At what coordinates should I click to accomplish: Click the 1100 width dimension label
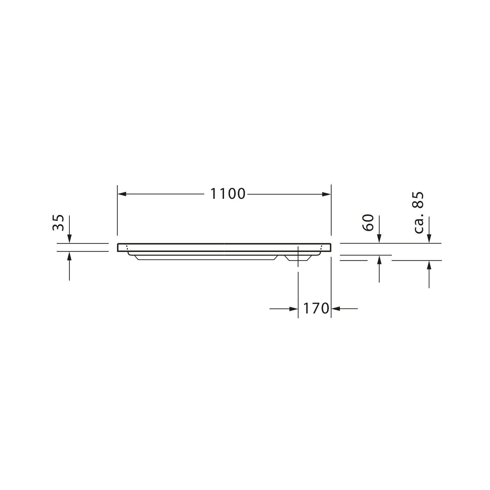[x=227, y=194]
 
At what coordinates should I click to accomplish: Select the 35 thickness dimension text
[x=58, y=223]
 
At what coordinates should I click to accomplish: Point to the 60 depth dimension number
[x=368, y=223]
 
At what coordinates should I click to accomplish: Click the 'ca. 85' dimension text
[x=418, y=213]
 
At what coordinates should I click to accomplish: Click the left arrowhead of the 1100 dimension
[x=122, y=194]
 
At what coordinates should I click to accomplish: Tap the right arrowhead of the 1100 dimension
[x=327, y=194]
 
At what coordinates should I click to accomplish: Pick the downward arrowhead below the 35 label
[x=69, y=239]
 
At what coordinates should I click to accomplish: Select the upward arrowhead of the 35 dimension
[x=69, y=256]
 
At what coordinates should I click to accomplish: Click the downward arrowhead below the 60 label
[x=379, y=239]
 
